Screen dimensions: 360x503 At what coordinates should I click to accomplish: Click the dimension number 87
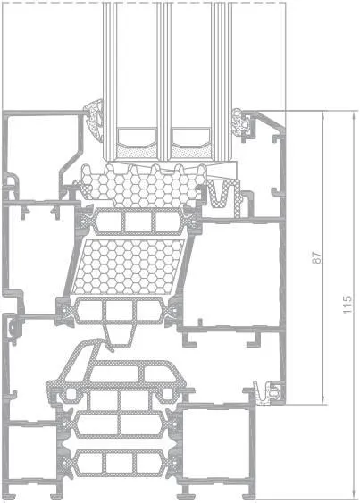pos(316,257)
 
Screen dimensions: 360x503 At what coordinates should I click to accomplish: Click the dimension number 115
pos(347,305)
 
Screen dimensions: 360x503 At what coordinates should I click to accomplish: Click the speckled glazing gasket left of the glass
pos(96,121)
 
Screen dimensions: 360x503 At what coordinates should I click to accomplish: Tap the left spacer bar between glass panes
pos(137,137)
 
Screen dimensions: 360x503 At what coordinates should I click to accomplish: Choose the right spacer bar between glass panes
pos(190,137)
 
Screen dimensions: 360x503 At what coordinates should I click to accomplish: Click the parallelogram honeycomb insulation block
pos(129,267)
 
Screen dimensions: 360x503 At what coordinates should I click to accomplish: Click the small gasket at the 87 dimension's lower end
pos(269,392)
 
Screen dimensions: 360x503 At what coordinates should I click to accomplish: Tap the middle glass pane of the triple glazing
pos(163,80)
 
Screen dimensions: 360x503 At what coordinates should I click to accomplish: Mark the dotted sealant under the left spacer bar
pos(137,151)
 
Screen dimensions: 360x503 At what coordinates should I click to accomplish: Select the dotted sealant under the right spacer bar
pos(190,151)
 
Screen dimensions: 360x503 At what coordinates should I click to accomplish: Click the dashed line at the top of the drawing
pos(144,3)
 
